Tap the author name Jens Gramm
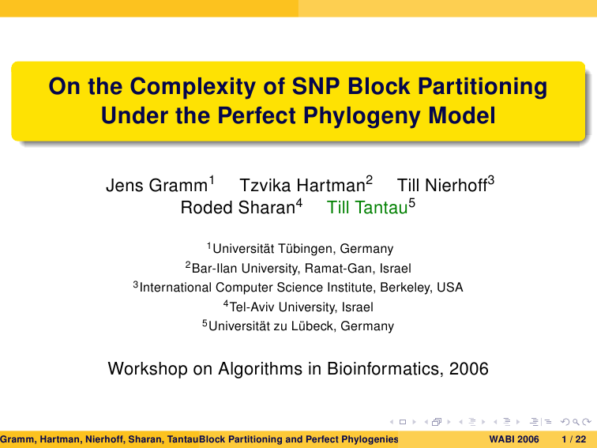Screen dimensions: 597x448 (x=156, y=186)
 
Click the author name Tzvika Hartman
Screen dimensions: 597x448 (x=302, y=186)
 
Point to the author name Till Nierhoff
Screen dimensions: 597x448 (x=442, y=186)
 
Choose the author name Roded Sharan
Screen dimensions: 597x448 (x=238, y=208)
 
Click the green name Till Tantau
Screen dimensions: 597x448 (x=367, y=208)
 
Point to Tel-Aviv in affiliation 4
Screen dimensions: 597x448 (x=252, y=307)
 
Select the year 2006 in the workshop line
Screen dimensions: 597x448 (x=469, y=369)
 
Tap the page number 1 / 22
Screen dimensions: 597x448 (x=574, y=439)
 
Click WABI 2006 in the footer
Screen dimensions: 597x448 (x=514, y=439)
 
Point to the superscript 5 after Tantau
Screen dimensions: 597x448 (x=412, y=202)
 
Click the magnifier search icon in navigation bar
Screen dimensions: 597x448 (x=576, y=422)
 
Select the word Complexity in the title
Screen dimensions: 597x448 (x=193, y=87)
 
